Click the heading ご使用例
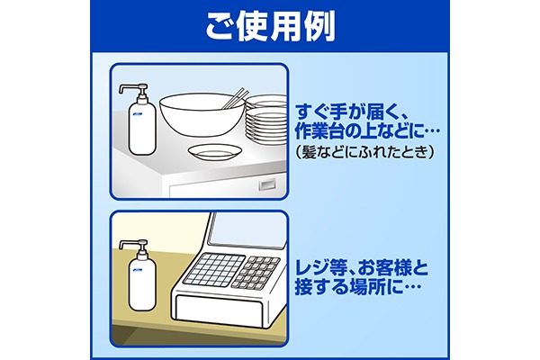(270, 27)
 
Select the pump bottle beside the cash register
(139, 274)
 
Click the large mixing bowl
(202, 114)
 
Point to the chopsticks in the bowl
(235, 98)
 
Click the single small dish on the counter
(215, 152)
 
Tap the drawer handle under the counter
(267, 185)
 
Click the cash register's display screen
(247, 229)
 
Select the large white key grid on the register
(214, 270)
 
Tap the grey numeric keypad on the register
(256, 272)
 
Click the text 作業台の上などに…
(367, 131)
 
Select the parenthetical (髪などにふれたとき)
(364, 151)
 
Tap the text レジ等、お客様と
(362, 267)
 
